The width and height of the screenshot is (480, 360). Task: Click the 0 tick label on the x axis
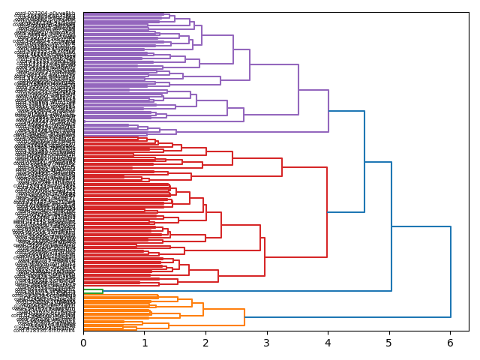83,343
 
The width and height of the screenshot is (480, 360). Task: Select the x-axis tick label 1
145,343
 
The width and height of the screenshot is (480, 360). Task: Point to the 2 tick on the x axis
205,343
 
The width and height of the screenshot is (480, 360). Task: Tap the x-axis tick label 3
267,343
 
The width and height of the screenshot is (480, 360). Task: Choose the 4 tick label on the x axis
328,343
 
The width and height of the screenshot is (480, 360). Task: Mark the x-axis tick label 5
389,343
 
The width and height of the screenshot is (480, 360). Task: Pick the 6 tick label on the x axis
450,343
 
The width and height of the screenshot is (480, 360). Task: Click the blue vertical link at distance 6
451,271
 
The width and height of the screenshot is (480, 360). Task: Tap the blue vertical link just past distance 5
391,226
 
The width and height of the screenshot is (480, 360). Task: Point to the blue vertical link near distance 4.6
364,161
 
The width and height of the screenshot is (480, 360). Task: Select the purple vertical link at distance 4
328,111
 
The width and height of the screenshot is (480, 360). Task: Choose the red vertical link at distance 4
327,212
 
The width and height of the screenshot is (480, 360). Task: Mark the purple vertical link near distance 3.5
298,90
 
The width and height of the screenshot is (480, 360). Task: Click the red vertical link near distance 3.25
282,167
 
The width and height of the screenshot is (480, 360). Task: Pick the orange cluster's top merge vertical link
244,317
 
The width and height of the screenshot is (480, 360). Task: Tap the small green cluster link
103,291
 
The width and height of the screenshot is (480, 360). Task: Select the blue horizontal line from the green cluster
247,291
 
